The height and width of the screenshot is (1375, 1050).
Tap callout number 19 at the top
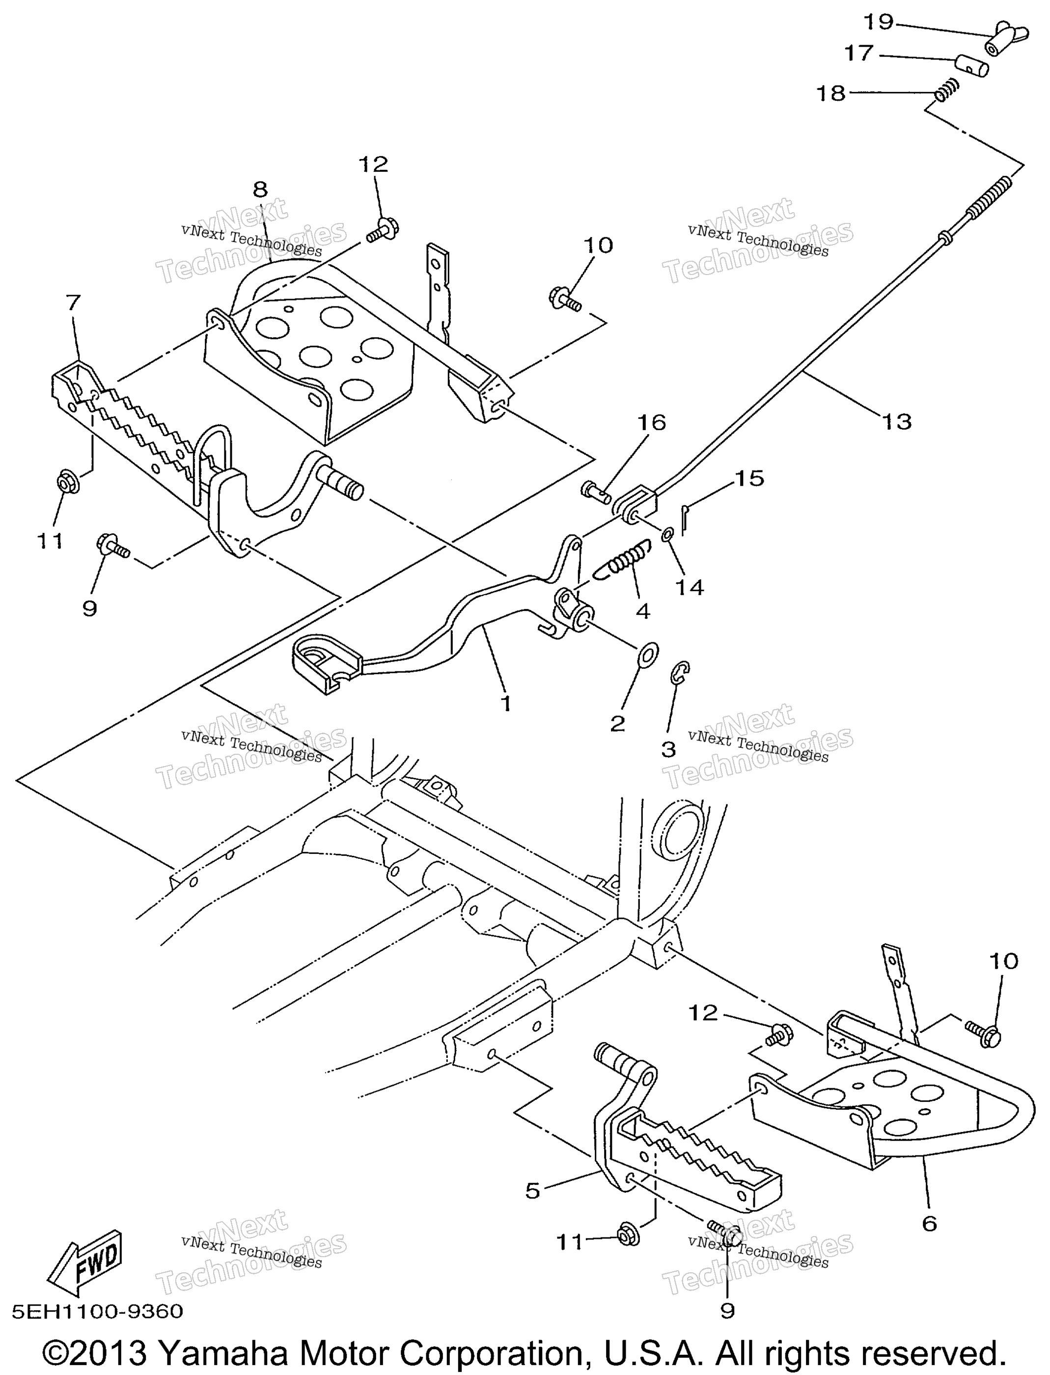pos(878,22)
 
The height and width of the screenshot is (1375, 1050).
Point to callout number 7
pos(73,302)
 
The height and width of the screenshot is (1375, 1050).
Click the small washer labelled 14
pos(667,534)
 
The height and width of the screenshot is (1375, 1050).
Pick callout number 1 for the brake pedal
pos(506,703)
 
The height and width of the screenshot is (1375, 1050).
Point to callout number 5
pos(532,1191)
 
